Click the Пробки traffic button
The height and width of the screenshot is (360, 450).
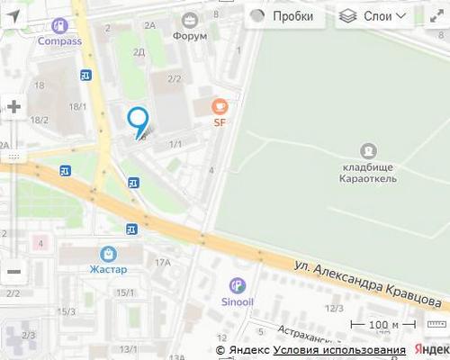tap(281, 16)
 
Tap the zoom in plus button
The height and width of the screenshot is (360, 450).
tap(13, 106)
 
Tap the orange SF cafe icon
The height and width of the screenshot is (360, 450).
tap(219, 106)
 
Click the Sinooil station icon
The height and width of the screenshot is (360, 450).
tap(237, 285)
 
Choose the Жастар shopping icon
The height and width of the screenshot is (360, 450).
tap(109, 254)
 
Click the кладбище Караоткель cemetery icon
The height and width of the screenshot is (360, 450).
tap(368, 150)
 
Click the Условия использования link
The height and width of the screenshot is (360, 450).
tap(339, 350)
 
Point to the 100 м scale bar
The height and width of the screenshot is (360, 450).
tap(383, 325)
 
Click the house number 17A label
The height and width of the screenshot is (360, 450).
tap(162, 263)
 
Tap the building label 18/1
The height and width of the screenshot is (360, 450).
tap(79, 107)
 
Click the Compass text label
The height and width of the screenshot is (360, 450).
tap(59, 40)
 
